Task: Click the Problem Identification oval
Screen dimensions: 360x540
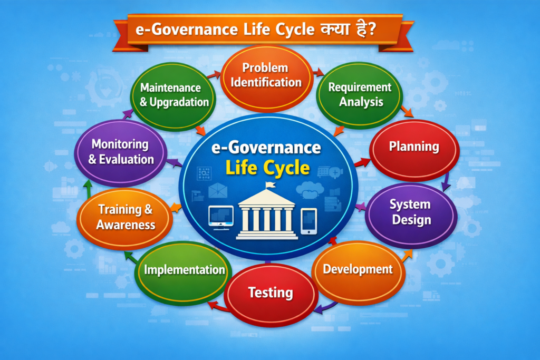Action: (268, 75)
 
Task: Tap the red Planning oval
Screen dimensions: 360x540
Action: (414, 147)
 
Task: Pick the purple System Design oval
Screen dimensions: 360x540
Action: (411, 212)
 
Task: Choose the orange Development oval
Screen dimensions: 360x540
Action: (358, 269)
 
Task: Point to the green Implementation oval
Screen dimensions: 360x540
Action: (184, 270)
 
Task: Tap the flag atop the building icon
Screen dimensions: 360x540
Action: (269, 185)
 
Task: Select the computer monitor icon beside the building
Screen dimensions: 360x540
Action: (221, 216)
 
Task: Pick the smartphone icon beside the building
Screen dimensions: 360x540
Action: (309, 221)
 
